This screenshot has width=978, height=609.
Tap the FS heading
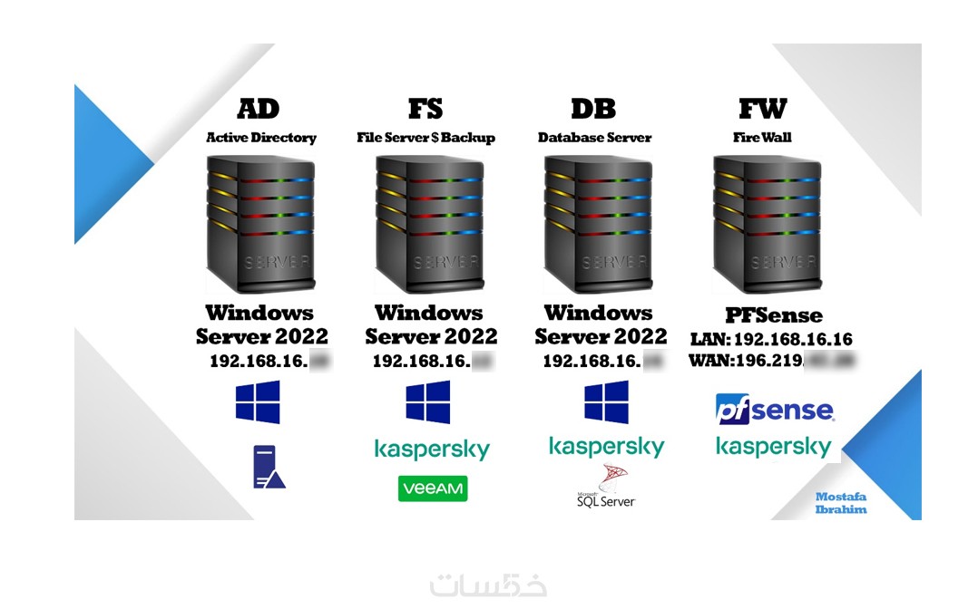pos(425,109)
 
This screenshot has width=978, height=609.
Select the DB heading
pos(593,109)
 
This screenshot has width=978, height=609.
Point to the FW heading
pos(762,109)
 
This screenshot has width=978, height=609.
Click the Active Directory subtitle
pos(261,138)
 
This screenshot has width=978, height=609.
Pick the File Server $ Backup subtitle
pos(425,138)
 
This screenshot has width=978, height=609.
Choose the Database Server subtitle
pos(594,138)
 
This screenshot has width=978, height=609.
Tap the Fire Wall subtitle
pos(762,138)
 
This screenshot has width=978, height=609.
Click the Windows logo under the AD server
pos(258,401)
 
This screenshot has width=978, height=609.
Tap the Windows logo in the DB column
pos(606,401)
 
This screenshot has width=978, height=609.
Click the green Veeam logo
pos(433,488)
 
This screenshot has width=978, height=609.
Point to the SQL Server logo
pos(606,487)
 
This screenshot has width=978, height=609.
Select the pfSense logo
pos(774,409)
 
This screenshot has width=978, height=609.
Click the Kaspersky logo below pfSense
pos(773,446)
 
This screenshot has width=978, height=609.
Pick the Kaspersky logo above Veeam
pos(432,449)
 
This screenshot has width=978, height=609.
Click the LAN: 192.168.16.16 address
pos(770,340)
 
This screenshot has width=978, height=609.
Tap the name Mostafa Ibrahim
pos(841,503)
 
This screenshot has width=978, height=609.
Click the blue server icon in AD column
pos(269,467)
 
